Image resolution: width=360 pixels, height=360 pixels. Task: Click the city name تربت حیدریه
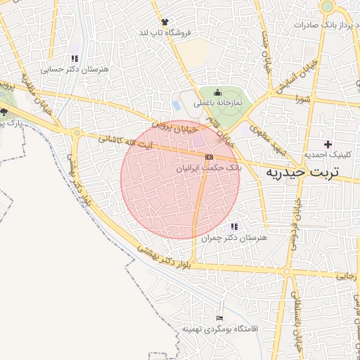point(300,172)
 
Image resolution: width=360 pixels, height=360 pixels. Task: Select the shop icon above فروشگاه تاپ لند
point(165,22)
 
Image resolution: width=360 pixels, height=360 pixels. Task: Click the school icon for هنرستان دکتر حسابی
point(74,59)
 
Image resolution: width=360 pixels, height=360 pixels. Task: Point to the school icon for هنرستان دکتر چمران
point(234,226)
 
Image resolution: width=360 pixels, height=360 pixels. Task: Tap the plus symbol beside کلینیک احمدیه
point(328,143)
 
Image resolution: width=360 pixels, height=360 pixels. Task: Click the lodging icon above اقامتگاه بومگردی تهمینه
point(220,319)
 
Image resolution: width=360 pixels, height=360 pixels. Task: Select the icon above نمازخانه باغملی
point(217,92)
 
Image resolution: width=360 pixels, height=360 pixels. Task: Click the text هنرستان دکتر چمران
point(235,238)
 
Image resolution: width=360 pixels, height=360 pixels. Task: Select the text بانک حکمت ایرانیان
point(209,169)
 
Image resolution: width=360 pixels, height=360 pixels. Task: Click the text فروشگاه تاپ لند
point(165,33)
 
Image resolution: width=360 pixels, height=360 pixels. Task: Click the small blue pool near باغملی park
point(176,105)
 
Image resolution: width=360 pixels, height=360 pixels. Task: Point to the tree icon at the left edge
point(4,112)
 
